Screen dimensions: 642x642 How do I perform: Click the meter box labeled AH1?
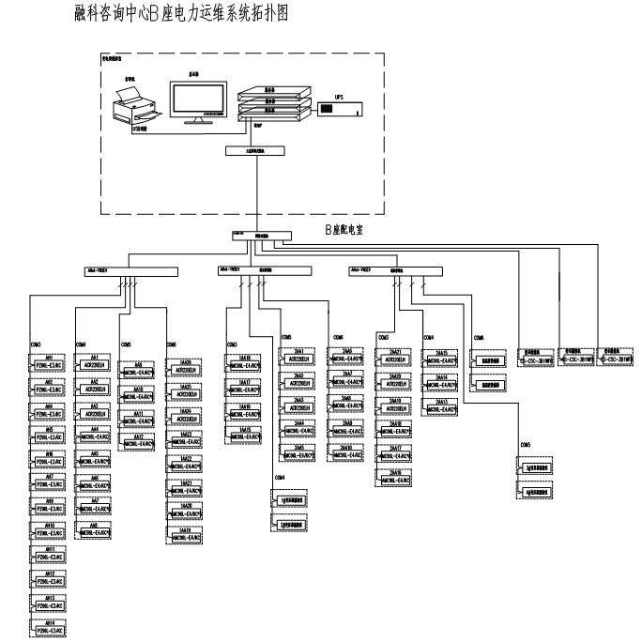tap(48, 363)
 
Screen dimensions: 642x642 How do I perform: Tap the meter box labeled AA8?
tap(99, 531)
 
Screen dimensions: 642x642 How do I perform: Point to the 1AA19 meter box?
tap(185, 534)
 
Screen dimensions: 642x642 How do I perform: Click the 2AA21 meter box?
tap(394, 359)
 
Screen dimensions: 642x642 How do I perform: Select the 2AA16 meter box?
tap(394, 479)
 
